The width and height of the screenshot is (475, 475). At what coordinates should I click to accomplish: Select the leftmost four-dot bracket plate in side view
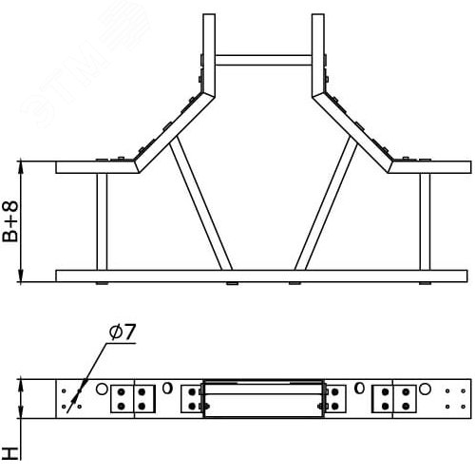[x=134, y=398]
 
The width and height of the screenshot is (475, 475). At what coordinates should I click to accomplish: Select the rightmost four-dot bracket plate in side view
[x=392, y=398]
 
